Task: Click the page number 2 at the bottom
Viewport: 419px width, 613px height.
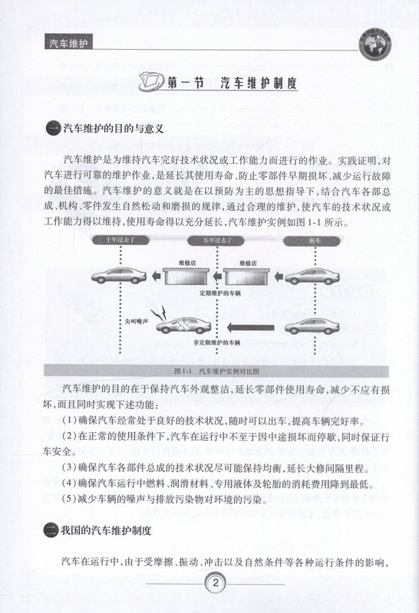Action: [x=218, y=585]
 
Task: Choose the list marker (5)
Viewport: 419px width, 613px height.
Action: [x=70, y=502]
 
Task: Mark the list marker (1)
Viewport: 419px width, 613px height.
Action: [x=70, y=421]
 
